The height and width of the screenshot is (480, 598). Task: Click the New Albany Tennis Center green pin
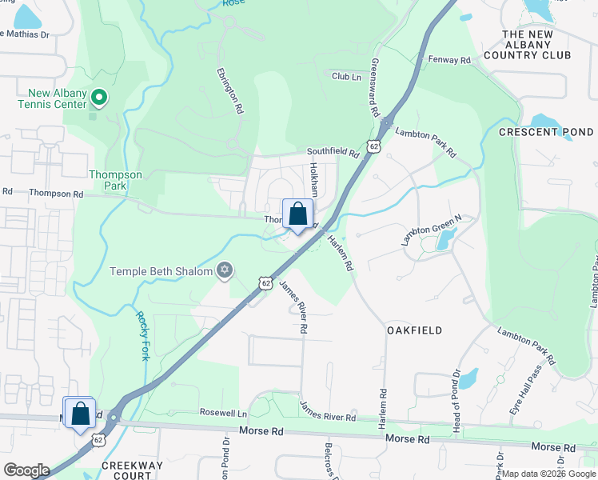tap(99, 98)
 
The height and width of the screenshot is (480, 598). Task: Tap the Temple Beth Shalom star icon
tap(225, 270)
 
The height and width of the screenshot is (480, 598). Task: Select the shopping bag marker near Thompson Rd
tap(297, 214)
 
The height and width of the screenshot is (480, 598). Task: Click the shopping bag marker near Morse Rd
tap(79, 414)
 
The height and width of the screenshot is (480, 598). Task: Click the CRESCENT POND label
tap(546, 132)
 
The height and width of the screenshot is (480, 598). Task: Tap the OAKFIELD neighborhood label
tap(414, 330)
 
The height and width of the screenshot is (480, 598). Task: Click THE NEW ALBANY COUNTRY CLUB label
tap(536, 45)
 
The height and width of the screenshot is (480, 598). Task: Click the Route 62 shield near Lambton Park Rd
tap(373, 146)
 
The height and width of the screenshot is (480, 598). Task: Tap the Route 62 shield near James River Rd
tap(265, 283)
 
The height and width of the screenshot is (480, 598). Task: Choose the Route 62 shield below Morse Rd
tap(98, 439)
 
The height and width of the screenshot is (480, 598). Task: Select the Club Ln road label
tap(346, 76)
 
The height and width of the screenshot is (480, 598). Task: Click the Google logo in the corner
tap(27, 470)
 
